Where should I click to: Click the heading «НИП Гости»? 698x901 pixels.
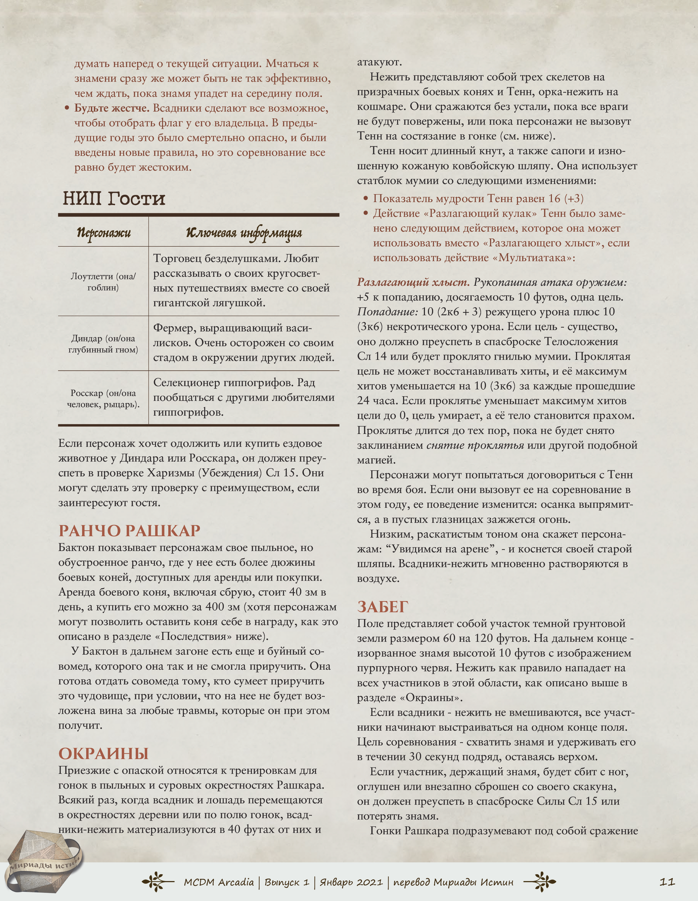click(114, 199)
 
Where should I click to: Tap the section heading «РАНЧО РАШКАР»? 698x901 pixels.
click(129, 530)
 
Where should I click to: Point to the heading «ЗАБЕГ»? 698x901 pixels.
click(383, 607)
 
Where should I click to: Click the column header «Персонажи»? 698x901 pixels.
click(104, 233)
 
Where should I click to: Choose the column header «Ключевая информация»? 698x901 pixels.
click(244, 233)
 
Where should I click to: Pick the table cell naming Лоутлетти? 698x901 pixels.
click(103, 282)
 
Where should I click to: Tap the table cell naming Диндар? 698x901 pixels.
click(103, 344)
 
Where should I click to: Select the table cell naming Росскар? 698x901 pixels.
click(103, 399)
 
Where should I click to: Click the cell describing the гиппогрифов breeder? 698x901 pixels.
click(244, 397)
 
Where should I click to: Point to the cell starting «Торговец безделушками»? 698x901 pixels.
click(244, 281)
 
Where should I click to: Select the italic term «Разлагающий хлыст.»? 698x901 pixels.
click(413, 282)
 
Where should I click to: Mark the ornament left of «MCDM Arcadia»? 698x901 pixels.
click(158, 882)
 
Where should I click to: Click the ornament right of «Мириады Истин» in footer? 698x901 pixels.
click(540, 882)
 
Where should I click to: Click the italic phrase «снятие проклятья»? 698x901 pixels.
click(475, 445)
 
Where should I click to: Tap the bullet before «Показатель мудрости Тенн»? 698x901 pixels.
click(365, 199)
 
